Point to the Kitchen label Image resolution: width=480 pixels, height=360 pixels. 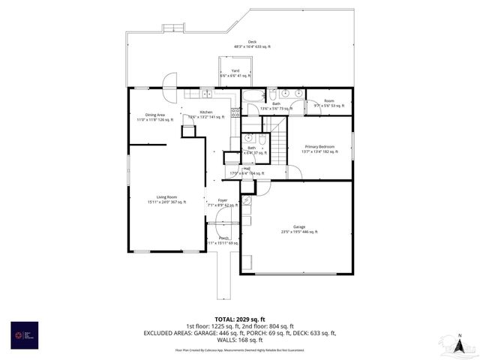pyautogui.click(x=205, y=114)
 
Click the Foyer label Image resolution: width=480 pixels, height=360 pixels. pyautogui.click(x=223, y=202)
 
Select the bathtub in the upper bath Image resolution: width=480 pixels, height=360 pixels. pyautogui.click(x=252, y=96)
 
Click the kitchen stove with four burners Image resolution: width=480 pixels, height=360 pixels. pyautogui.click(x=235, y=112)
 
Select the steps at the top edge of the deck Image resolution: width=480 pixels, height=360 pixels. pyautogui.click(x=173, y=28)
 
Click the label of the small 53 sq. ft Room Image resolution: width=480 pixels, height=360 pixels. pyautogui.click(x=328, y=103)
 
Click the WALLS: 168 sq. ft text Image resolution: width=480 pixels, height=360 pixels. pyautogui.click(x=239, y=340)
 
